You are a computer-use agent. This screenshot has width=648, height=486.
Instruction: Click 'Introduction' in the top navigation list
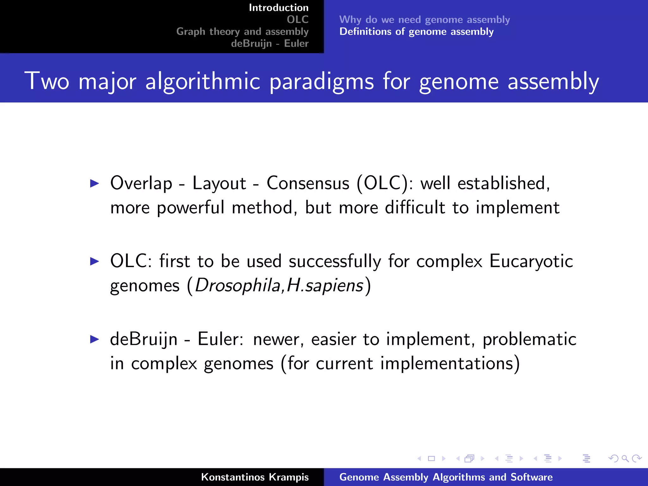278,8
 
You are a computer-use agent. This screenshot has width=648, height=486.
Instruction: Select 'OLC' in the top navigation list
297,20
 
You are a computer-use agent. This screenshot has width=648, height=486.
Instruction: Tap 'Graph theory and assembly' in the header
242,32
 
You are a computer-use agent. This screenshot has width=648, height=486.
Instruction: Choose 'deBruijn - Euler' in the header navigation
270,43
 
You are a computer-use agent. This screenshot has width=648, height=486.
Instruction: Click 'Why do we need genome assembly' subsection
424,20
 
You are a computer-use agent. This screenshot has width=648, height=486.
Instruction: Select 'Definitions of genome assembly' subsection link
416,32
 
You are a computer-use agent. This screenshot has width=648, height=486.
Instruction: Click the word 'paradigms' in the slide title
321,82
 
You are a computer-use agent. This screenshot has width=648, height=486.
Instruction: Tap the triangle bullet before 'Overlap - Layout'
95,183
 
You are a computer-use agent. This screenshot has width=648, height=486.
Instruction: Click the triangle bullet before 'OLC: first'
95,261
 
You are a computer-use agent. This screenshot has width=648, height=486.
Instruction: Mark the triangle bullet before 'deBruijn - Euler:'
95,339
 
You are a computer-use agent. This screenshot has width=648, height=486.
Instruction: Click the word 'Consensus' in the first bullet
308,183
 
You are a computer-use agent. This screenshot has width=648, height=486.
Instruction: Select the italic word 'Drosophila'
237,286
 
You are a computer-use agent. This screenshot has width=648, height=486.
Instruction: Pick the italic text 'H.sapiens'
325,286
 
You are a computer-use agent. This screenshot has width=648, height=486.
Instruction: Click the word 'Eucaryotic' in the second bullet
531,261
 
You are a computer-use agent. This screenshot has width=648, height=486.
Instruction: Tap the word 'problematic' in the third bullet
529,340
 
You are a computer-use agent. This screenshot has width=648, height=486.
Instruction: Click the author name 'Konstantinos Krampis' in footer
255,477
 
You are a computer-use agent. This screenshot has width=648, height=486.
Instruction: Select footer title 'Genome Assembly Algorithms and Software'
446,477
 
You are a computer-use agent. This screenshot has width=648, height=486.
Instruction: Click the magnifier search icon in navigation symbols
625,458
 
